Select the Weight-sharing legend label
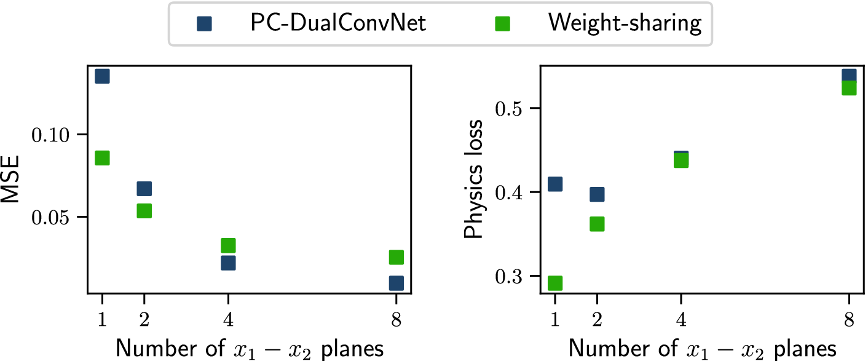(x=625, y=23)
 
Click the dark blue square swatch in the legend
(x=204, y=24)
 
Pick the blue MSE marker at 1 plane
(x=102, y=76)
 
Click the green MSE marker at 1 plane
(x=102, y=158)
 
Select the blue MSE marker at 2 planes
(x=144, y=189)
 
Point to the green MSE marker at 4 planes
(x=228, y=245)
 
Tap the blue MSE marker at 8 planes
(x=396, y=283)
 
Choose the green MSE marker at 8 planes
(x=396, y=257)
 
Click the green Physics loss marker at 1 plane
(x=555, y=283)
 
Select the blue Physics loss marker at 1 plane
(x=555, y=184)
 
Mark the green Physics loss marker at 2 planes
(x=597, y=224)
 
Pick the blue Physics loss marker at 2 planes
(x=597, y=194)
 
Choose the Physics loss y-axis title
(x=473, y=180)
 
